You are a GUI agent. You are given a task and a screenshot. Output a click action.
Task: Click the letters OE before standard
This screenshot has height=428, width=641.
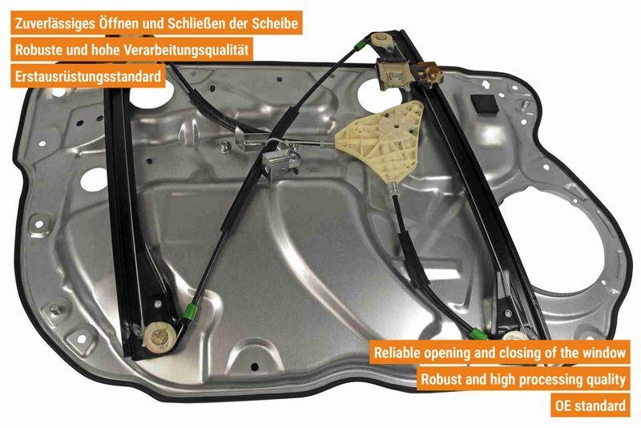563,406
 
